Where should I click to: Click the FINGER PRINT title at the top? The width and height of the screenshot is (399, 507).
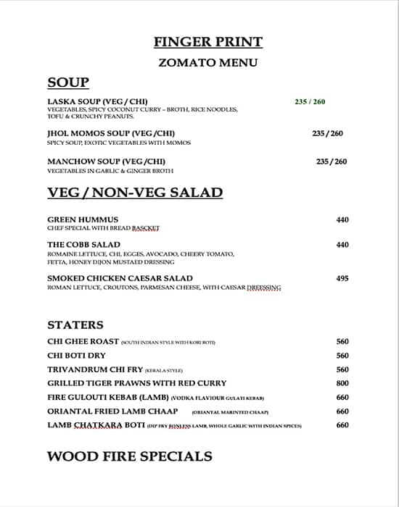point(207,41)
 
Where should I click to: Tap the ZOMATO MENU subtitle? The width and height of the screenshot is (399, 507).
point(207,62)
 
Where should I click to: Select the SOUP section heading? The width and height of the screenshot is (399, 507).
point(68,83)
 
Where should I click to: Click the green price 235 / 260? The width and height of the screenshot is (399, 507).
point(310,101)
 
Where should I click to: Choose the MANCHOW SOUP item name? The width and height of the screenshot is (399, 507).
point(106,161)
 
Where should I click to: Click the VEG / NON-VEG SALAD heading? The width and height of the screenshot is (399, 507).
point(135,193)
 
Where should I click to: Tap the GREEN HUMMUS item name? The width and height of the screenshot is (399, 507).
point(83,219)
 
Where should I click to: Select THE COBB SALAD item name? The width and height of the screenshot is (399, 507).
point(83,245)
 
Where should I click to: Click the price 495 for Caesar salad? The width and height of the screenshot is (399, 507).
point(342,278)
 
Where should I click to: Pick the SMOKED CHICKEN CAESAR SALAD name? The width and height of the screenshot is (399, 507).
point(120,278)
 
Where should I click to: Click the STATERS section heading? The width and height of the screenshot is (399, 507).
point(75,324)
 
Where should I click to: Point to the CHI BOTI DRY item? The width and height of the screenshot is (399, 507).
point(76,356)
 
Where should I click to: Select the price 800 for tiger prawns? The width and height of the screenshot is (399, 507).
point(342,383)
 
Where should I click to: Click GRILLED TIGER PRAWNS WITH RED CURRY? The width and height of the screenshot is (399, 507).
point(136,383)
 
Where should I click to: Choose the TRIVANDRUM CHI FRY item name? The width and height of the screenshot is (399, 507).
point(95,369)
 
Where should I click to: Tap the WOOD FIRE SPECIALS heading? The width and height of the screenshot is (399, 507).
point(130,456)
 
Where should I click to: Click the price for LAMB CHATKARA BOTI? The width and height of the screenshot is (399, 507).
point(342,425)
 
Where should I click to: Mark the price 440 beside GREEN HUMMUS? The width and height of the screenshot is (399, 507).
point(342,219)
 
